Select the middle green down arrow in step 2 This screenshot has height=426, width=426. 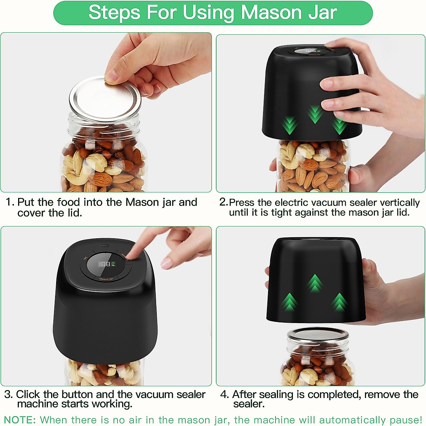click(x=315, y=114)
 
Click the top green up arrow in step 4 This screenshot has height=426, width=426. click(x=315, y=283)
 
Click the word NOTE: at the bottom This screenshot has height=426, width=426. click(x=20, y=420)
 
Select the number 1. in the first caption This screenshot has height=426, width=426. click(x=10, y=202)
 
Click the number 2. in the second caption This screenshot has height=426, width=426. click(x=223, y=202)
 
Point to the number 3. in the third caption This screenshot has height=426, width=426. click(x=9, y=394)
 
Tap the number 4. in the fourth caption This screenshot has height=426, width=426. click(x=224, y=394)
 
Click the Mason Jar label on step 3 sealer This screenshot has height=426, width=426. click(x=106, y=279)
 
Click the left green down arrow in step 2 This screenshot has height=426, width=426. click(x=290, y=125)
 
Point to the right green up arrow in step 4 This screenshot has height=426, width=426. click(x=340, y=302)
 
